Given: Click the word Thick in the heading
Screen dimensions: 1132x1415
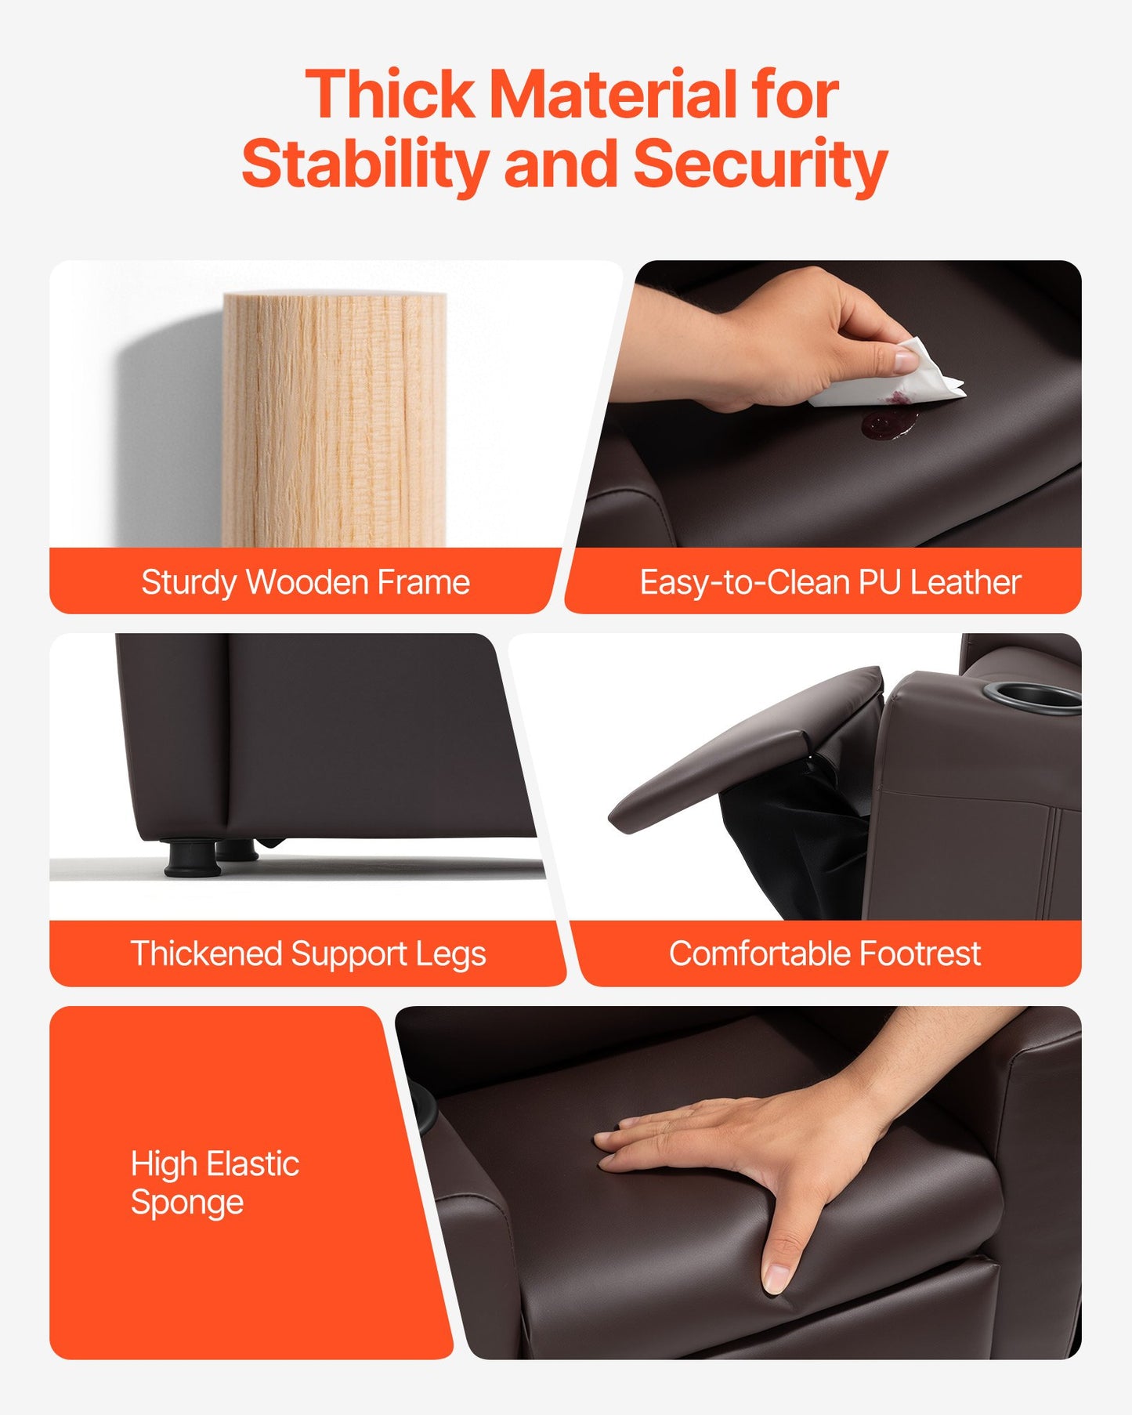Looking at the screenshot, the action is (390, 95).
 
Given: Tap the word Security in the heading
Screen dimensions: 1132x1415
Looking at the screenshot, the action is (760, 164).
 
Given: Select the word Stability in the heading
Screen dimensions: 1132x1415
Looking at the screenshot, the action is (365, 164).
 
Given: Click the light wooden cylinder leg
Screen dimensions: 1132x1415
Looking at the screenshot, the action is (335, 419).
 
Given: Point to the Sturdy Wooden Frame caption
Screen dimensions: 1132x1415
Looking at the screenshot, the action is (306, 582).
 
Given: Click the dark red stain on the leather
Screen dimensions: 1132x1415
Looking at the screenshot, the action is (889, 421).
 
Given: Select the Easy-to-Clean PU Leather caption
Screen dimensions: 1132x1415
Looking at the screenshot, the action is (830, 582).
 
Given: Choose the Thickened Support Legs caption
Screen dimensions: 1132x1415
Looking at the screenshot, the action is (308, 954).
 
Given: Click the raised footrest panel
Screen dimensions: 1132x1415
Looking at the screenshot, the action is (744, 749).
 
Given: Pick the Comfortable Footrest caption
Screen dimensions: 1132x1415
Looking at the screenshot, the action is (825, 954).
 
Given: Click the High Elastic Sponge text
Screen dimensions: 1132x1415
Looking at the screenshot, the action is (215, 1182).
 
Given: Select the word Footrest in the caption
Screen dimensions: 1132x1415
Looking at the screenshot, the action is (920, 954).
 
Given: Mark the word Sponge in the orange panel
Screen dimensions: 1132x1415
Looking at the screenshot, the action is (187, 1203).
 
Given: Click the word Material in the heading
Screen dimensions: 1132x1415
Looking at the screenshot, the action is (613, 95).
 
